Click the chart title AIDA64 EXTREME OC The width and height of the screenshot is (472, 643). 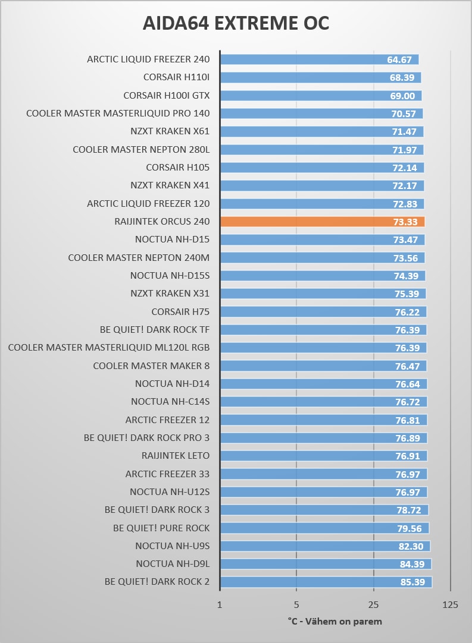pos(236,23)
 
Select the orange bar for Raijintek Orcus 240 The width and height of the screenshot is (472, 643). pos(322,222)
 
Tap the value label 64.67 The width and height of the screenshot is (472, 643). pos(399,59)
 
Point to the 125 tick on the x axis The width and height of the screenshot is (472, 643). pos(451,604)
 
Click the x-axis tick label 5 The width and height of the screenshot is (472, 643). pos(296,604)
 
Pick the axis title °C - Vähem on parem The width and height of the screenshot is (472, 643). pos(335,621)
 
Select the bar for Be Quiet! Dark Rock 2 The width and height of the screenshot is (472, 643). pos(326,582)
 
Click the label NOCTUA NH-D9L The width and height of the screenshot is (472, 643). pos(173,564)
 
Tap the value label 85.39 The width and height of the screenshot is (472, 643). pos(412,582)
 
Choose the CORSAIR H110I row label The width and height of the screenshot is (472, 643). pos(176,77)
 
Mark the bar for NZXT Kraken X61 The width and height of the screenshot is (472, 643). pos(321,131)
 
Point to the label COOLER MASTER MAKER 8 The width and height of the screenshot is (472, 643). pos(151,365)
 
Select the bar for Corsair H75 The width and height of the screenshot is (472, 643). pos(323,311)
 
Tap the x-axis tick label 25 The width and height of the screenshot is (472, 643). pos(374,604)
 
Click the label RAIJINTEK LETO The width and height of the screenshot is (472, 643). pos(176,456)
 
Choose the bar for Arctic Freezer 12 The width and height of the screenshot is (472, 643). pos(323,420)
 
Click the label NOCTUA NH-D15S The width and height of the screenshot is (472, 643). pos(170,276)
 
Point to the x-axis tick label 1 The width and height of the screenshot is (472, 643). pos(220,604)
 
